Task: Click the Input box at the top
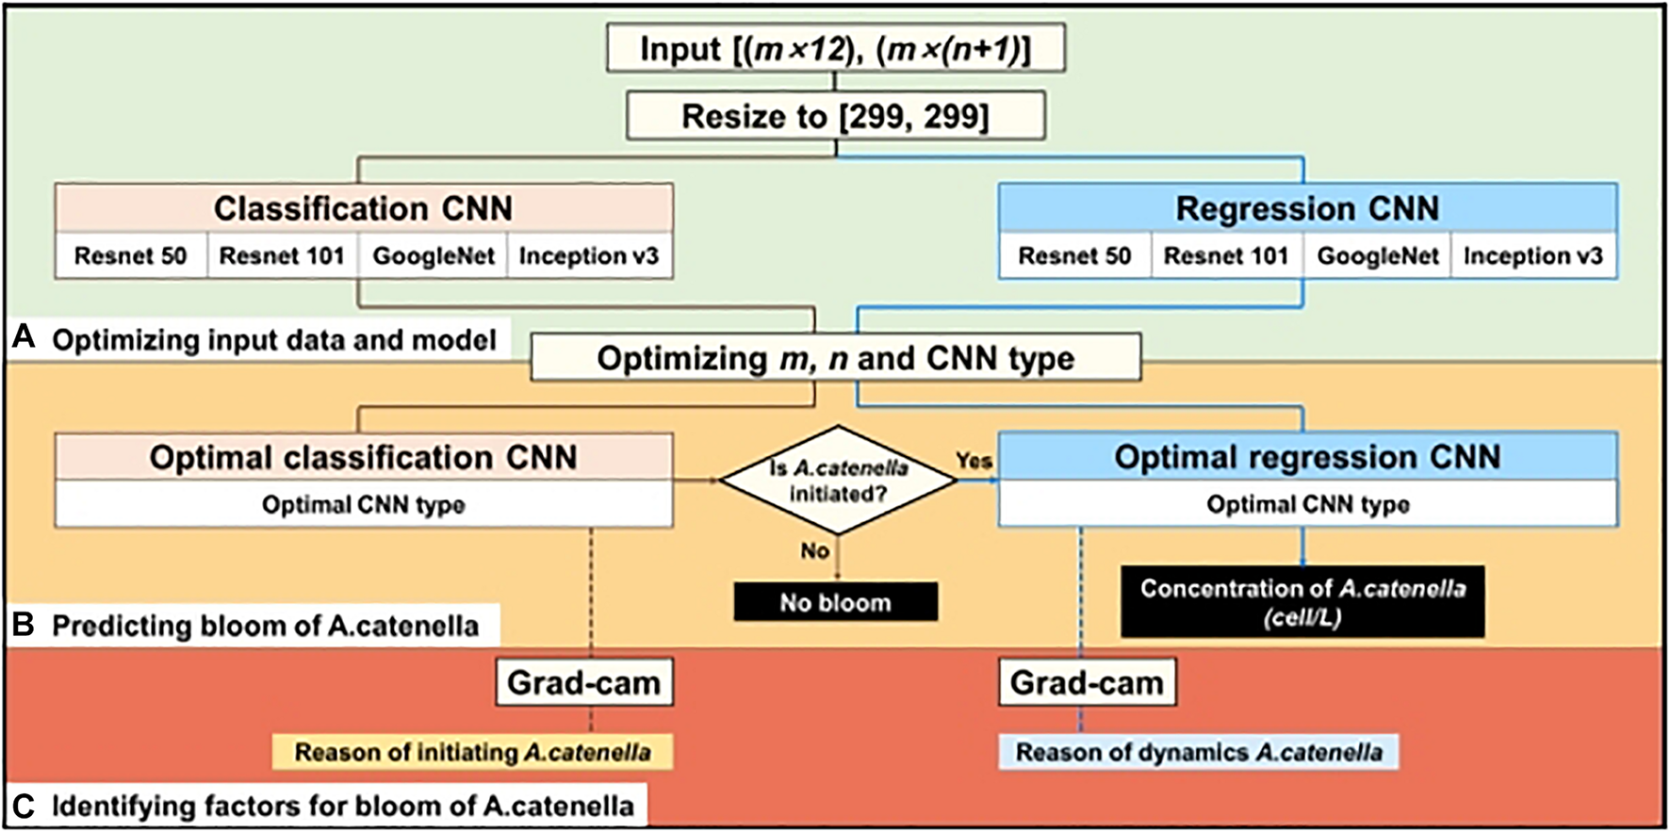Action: pos(835,49)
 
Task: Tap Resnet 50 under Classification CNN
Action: pos(130,256)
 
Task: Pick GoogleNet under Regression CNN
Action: pos(1377,256)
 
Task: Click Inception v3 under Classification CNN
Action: pos(589,256)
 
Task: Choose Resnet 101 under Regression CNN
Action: pos(1225,256)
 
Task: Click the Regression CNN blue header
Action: pos(1306,208)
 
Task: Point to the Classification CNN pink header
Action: pos(363,208)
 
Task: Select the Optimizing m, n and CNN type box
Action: pos(835,358)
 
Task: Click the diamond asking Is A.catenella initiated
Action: pos(837,481)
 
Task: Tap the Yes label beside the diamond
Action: pos(974,460)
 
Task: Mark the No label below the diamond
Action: pos(814,550)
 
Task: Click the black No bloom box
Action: pos(835,602)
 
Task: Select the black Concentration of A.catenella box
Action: pos(1302,602)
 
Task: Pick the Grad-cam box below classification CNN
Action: pos(583,682)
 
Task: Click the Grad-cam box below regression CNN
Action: pos(1087,682)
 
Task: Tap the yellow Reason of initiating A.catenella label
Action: pos(472,752)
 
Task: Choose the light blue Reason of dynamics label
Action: pos(1198,752)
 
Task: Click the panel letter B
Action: pos(23,625)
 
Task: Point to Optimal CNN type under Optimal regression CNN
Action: pos(1307,504)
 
